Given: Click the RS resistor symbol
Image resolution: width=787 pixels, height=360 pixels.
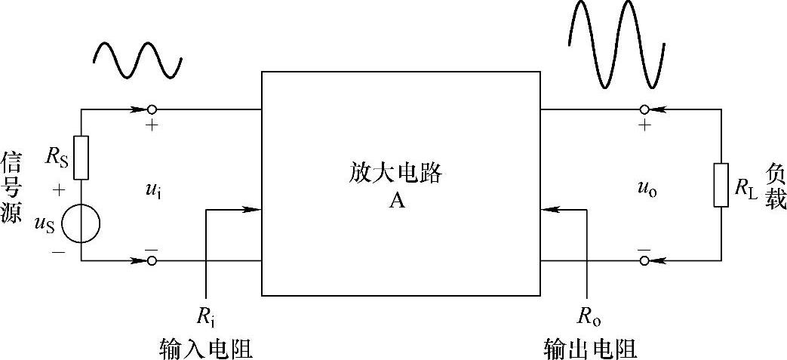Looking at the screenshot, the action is click(81, 158).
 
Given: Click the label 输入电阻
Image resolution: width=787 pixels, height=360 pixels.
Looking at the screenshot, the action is click(206, 348).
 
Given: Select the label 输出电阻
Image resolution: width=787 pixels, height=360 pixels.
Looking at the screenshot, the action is click(591, 348).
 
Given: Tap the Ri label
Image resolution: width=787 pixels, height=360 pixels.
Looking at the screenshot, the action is click(206, 317).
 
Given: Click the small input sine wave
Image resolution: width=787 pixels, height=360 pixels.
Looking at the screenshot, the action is click(137, 60).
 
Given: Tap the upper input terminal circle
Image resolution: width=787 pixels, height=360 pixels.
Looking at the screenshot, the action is click(152, 109).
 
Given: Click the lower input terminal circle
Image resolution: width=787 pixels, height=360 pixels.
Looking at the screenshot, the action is click(152, 261).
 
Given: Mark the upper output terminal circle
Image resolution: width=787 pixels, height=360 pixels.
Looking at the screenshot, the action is click(644, 109).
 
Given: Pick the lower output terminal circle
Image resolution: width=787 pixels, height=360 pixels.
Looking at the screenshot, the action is click(644, 261).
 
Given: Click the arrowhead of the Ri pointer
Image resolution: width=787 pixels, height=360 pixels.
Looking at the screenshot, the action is click(254, 210).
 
